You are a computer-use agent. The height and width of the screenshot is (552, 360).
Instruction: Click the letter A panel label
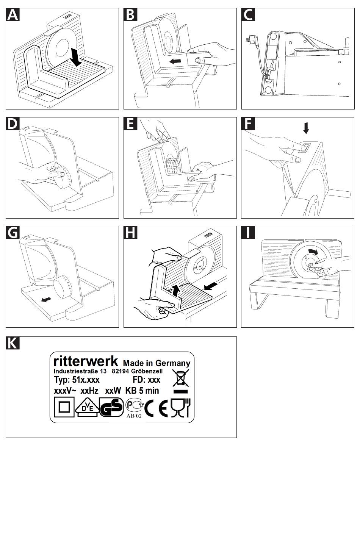tap(13, 15)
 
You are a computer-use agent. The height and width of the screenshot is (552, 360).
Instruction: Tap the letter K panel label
tap(13, 343)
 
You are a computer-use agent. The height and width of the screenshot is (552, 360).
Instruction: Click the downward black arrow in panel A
tap(76, 57)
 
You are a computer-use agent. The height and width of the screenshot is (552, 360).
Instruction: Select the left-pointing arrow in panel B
tap(175, 61)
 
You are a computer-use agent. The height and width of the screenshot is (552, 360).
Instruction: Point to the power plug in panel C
tap(250, 39)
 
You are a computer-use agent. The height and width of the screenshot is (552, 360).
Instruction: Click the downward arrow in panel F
tap(306, 128)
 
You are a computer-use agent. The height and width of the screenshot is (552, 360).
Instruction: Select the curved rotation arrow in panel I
tap(313, 252)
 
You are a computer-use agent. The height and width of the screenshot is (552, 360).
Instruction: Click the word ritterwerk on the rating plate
tap(86, 360)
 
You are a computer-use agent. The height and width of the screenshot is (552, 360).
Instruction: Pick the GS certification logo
tap(111, 408)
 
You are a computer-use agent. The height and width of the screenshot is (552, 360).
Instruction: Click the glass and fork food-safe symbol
tap(182, 408)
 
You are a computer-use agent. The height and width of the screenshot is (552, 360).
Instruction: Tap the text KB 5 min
tap(142, 391)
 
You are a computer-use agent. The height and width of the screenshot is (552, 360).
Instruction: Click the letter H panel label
tap(130, 232)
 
